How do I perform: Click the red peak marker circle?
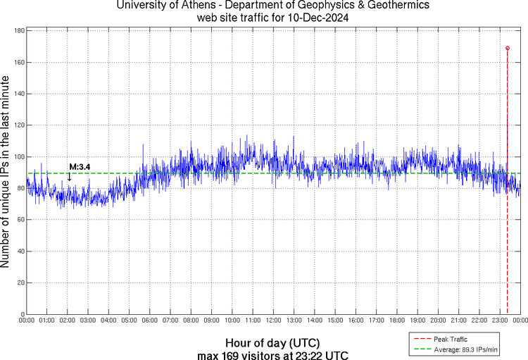tap(508, 48)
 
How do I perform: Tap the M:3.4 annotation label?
tap(80, 167)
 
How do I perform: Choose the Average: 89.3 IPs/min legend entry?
tap(461, 349)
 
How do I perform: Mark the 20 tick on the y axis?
tap(21, 283)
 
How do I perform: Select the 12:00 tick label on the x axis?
tap(273, 321)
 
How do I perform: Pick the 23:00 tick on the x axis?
tap(499, 321)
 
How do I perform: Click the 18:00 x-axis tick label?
tap(396, 321)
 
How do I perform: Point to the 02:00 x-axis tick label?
tap(68, 321)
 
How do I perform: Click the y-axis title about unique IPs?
tap(6, 172)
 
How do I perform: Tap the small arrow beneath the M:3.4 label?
tap(69, 178)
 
